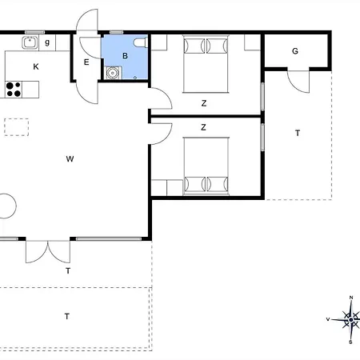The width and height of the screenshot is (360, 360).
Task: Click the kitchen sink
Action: pos(30,42)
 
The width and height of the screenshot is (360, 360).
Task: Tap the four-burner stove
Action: pos(14,90)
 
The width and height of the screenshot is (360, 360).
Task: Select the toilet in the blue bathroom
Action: pos(141,42)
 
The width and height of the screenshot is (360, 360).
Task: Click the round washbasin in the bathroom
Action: pos(112,73)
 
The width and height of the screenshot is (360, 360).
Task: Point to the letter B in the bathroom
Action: pos(125,56)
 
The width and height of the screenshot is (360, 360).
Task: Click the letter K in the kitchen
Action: pos(36,66)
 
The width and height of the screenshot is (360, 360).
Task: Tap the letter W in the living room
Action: pos(70,159)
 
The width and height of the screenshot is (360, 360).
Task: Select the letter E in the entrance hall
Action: pos(86,62)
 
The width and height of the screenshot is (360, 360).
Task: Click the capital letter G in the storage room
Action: pos(295,51)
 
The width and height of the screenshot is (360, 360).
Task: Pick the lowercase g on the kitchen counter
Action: pos(47,42)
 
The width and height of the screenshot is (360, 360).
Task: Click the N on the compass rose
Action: pos(351,298)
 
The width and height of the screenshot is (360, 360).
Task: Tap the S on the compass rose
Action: pos(350,342)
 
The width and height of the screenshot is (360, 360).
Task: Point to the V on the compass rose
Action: pos(328,319)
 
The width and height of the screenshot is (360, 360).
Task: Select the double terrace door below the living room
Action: pos(48,252)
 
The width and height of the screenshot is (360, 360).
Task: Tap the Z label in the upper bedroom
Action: pos(204,103)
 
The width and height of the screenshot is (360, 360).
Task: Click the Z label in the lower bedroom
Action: pos(203,127)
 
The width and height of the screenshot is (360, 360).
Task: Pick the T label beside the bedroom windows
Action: pos(298,133)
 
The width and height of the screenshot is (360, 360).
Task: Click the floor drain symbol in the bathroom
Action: pos(135,78)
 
